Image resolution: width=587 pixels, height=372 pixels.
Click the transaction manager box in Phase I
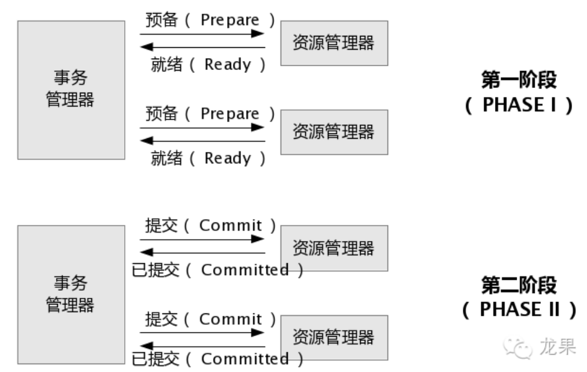(x=71, y=90)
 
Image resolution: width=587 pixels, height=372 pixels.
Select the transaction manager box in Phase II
(x=71, y=294)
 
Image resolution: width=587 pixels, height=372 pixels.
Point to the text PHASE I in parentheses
(x=518, y=105)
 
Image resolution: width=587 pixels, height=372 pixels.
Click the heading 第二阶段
(x=518, y=285)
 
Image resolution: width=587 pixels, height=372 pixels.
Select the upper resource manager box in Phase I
(x=334, y=43)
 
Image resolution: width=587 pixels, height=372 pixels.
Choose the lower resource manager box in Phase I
(x=334, y=132)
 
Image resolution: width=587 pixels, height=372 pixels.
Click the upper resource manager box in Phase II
(x=334, y=248)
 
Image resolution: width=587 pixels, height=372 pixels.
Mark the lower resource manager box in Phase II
(x=334, y=337)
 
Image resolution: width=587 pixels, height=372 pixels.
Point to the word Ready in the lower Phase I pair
(x=228, y=158)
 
